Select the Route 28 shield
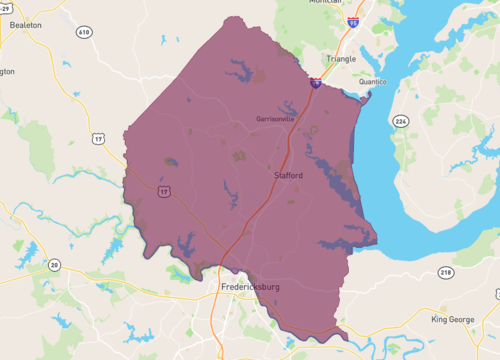(x=54, y=265)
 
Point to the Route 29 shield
(x=5, y=7)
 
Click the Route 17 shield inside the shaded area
(x=163, y=188)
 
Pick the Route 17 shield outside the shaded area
(x=98, y=138)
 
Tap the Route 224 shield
(x=401, y=121)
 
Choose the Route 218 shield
(x=445, y=272)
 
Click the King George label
(x=452, y=319)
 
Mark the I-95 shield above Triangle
(x=353, y=21)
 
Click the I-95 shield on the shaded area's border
(x=315, y=84)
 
